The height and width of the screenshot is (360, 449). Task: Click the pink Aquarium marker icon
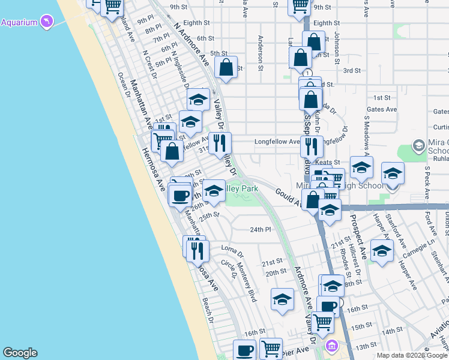(46, 22)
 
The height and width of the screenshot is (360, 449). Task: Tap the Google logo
(20, 353)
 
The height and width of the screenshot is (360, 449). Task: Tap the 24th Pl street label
(261, 230)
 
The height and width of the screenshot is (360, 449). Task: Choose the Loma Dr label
(231, 248)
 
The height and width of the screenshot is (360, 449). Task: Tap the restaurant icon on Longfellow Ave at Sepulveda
(312, 146)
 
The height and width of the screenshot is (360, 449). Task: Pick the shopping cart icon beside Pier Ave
(271, 348)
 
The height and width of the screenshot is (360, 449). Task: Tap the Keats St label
(328, 163)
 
